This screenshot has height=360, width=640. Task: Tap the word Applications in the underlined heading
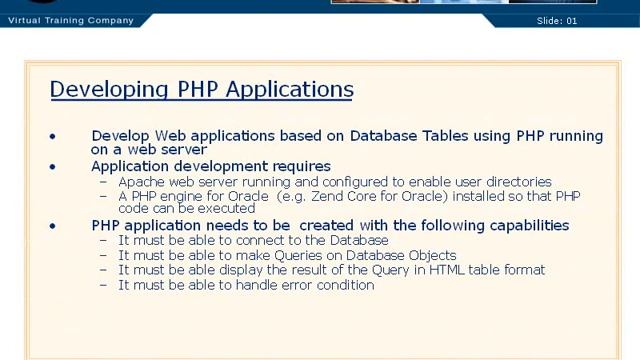289,89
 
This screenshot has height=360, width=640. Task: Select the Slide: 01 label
557,20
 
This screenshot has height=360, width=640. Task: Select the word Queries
291,255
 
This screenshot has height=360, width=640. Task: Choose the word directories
513,182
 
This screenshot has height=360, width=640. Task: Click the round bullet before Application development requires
53,167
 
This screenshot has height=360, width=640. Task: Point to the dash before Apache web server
105,182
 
